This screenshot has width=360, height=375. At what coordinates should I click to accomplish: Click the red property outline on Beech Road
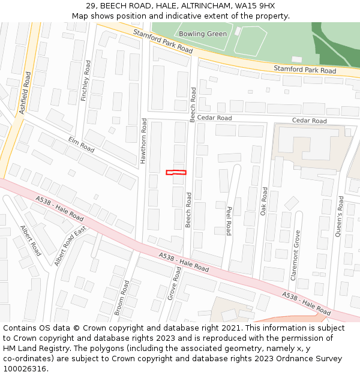click(176, 173)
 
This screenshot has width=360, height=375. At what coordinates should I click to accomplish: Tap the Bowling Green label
click(203, 34)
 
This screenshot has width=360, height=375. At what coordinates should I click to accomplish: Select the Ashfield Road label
click(25, 93)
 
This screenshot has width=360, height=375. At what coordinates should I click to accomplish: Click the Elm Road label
click(82, 145)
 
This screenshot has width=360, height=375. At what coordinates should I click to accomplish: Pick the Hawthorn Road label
click(143, 141)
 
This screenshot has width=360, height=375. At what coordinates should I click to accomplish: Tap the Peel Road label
click(229, 221)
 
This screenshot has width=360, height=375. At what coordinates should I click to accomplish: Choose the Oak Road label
click(264, 202)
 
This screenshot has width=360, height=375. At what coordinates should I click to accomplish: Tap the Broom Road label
click(122, 298)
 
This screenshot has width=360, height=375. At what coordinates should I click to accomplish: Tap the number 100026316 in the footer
click(25, 369)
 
